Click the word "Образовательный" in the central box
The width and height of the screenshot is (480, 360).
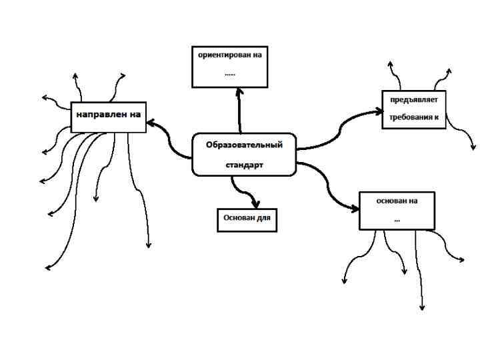[x=244, y=145]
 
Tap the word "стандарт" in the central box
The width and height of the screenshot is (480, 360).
[x=243, y=164]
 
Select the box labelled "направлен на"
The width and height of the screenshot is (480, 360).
[x=108, y=116]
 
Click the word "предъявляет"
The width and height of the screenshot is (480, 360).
[x=413, y=101]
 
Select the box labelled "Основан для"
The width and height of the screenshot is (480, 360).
[x=247, y=219]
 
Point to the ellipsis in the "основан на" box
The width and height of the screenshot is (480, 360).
[x=397, y=218]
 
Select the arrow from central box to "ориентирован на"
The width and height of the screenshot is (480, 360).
[x=239, y=110]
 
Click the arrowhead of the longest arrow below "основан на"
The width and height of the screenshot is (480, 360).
[x=421, y=307]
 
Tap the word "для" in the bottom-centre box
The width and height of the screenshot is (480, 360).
[x=264, y=219]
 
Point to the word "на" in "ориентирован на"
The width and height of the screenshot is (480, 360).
[x=257, y=55]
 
